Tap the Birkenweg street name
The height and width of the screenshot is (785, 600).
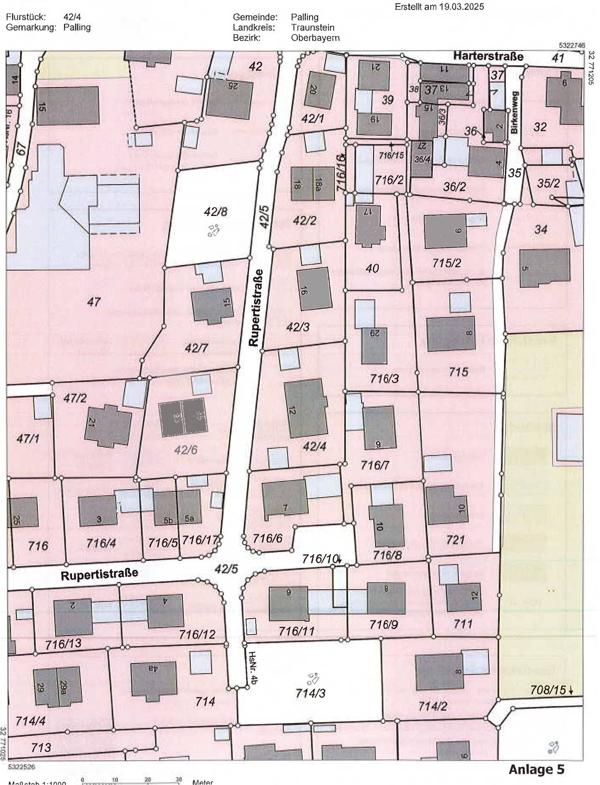click(514, 112)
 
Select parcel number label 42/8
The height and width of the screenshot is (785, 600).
click(215, 212)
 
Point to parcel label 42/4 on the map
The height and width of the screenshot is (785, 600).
click(314, 446)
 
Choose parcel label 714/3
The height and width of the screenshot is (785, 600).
click(310, 694)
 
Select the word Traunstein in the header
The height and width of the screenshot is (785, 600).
click(313, 28)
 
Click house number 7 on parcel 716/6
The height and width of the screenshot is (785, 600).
click(285, 508)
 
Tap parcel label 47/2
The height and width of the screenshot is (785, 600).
click(75, 398)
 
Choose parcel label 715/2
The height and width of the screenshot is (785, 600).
click(446, 263)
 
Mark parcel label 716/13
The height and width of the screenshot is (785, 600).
click(63, 644)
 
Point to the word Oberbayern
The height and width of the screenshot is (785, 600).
click(315, 38)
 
